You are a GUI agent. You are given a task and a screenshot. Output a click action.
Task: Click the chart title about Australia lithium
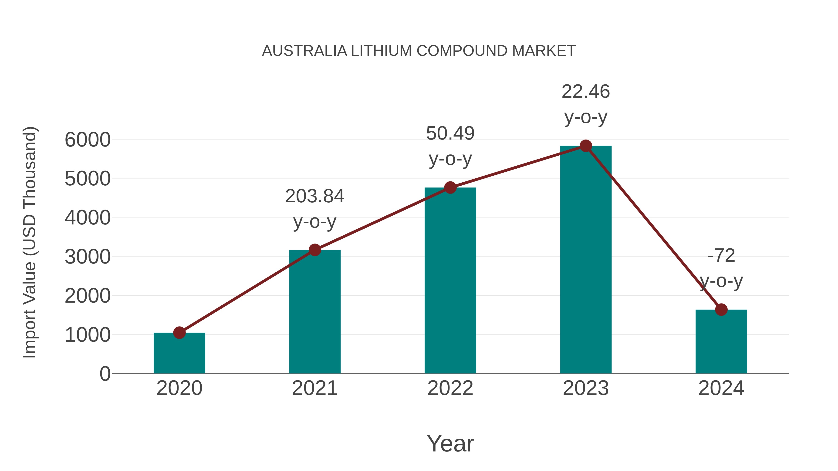(x=419, y=51)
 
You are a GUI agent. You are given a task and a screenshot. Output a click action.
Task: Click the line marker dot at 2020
(x=179, y=333)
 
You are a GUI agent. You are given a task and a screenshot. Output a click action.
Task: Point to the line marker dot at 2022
(x=450, y=187)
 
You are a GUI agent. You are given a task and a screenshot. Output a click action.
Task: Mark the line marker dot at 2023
(x=586, y=146)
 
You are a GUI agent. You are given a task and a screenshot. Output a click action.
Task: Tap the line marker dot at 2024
(x=721, y=310)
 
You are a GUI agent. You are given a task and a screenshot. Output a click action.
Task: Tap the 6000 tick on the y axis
(x=88, y=140)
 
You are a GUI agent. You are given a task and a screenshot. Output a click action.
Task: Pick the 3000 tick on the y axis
(x=88, y=257)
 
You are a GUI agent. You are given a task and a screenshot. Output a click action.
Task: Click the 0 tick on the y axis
(x=105, y=374)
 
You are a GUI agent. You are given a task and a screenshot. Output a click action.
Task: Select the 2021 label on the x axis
(x=314, y=388)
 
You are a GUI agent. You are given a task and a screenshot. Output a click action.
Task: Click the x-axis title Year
(x=450, y=443)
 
